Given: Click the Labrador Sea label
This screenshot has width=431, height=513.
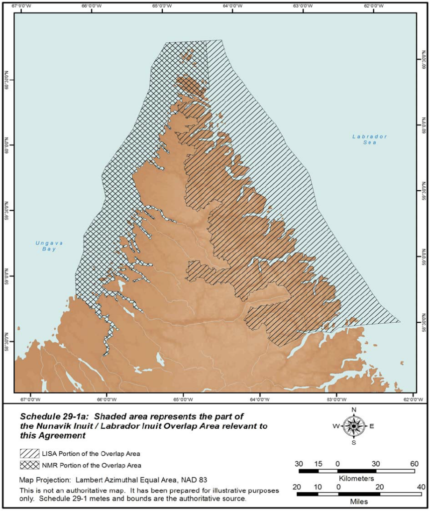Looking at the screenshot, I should pyautogui.click(x=369, y=139).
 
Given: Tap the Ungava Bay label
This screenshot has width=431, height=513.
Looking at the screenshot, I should pyautogui.click(x=46, y=246).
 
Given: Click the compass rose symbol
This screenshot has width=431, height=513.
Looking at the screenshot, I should pyautogui.click(x=354, y=426).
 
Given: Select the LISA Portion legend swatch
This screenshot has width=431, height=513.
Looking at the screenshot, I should pyautogui.click(x=30, y=454).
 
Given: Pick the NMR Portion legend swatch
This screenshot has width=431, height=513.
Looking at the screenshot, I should pyautogui.click(x=30, y=465).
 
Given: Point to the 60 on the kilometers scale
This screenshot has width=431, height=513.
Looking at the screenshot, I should pyautogui.click(x=414, y=464).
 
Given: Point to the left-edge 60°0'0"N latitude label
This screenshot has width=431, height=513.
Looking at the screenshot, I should pyautogui.click(x=6, y=144).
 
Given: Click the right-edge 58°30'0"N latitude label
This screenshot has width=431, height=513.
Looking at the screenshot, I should pyautogui.click(x=424, y=322).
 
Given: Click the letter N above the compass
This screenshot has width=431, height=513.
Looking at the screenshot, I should pyautogui.click(x=354, y=410).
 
